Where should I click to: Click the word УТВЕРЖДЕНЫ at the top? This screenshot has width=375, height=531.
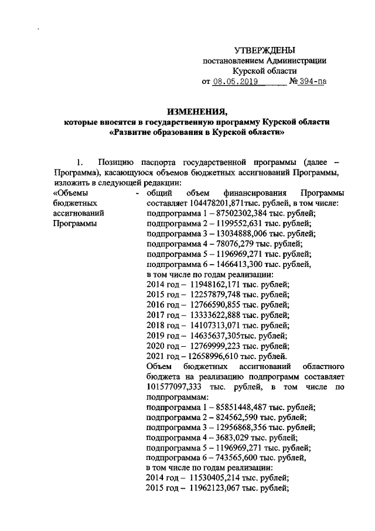pos(264,51)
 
